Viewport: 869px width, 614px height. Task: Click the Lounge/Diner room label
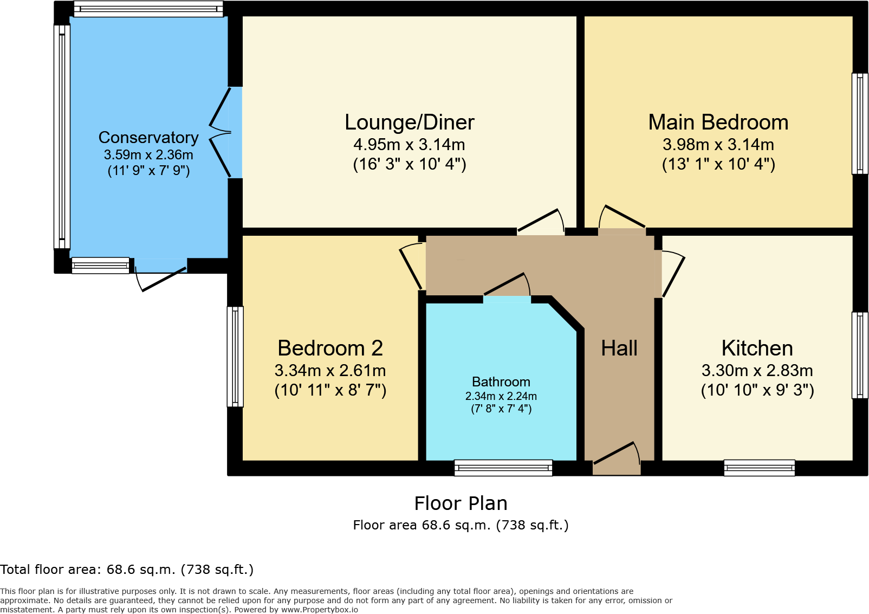tap(409, 122)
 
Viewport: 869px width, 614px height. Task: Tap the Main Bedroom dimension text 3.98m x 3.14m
tap(718, 145)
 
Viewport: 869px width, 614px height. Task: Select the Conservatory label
tap(148, 138)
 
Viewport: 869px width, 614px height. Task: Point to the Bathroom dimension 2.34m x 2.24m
tap(501, 396)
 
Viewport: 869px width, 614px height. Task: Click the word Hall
tap(619, 348)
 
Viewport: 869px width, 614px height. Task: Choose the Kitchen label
tap(757, 348)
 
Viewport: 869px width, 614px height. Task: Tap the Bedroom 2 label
tap(330, 348)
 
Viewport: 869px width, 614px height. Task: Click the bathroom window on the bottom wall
tap(503, 468)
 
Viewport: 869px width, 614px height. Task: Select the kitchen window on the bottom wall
tap(759, 468)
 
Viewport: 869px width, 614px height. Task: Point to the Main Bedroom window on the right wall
tap(859, 124)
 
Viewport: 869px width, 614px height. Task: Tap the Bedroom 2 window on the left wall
tap(235, 357)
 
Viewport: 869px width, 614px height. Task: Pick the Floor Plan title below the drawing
tap(461, 503)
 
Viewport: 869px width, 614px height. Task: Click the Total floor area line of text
tap(127, 570)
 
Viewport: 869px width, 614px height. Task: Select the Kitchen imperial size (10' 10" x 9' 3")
tap(757, 390)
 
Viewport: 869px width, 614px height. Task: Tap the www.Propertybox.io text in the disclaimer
tap(319, 610)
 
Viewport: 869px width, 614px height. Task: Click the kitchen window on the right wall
tap(859, 355)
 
